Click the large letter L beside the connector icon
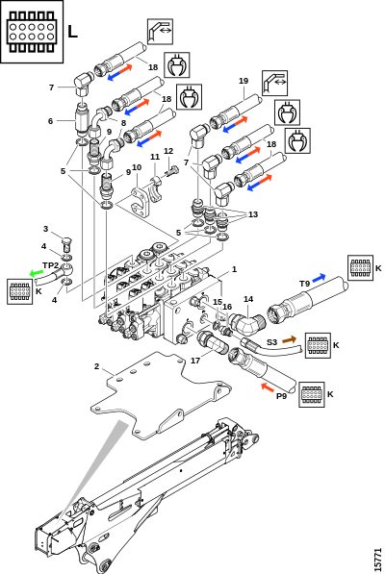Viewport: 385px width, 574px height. tap(72, 32)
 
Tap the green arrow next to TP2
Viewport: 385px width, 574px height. tap(36, 273)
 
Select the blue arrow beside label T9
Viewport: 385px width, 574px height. tap(319, 277)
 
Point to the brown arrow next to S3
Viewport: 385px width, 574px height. tap(289, 339)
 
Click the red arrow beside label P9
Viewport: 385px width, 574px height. tap(268, 387)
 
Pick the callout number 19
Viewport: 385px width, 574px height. tap(244, 81)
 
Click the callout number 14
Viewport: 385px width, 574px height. tap(248, 299)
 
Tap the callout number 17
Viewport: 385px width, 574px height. tap(195, 361)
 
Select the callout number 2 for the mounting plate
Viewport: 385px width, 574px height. tap(96, 366)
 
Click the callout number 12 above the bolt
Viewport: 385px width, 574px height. tap(168, 151)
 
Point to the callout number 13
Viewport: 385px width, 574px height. tap(253, 214)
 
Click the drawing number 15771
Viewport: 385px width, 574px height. tap(378, 560)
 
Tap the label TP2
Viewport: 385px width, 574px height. tap(51, 265)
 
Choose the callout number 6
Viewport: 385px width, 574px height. tap(51, 121)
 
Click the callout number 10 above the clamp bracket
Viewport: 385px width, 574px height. tap(137, 167)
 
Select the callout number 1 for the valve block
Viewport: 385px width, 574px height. tap(235, 269)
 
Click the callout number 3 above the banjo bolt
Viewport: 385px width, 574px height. tap(45, 229)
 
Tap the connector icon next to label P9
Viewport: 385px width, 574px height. tap(312, 394)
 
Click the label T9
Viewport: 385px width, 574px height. tap(305, 284)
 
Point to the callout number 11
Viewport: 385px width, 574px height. tap(155, 157)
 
